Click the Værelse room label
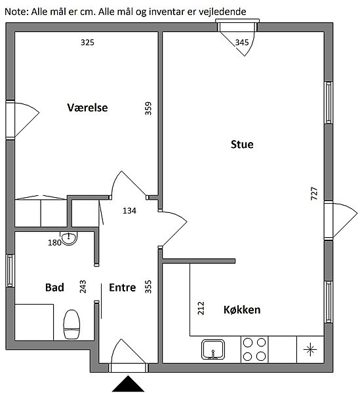click(87, 107)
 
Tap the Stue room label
click(242, 144)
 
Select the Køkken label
click(242, 310)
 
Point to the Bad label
click(54, 288)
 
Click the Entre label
click(123, 288)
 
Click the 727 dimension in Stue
click(314, 193)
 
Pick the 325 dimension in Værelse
click(87, 43)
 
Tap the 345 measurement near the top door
click(242, 43)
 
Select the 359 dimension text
click(148, 108)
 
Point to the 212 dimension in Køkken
click(201, 308)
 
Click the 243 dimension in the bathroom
click(83, 286)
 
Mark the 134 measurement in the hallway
click(129, 210)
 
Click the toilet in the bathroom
click(71, 325)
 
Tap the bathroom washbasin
click(69, 238)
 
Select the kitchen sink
click(212, 349)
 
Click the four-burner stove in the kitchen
click(254, 349)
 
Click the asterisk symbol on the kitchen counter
click(310, 349)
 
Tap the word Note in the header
click(16, 12)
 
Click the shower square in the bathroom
click(34, 322)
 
